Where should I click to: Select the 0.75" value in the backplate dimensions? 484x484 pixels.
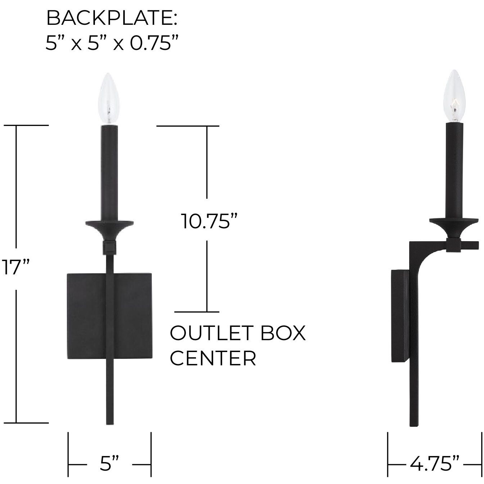tap(155, 44)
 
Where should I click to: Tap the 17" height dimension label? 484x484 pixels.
tap(14, 267)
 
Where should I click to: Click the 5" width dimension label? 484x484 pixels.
tap(109, 464)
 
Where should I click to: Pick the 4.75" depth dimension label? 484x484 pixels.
tap(435, 464)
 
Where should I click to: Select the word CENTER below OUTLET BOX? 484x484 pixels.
tap(213, 358)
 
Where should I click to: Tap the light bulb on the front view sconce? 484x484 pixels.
tap(109, 99)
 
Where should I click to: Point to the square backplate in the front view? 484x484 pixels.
tap(86, 316)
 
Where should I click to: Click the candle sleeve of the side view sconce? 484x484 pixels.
tap(455, 171)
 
